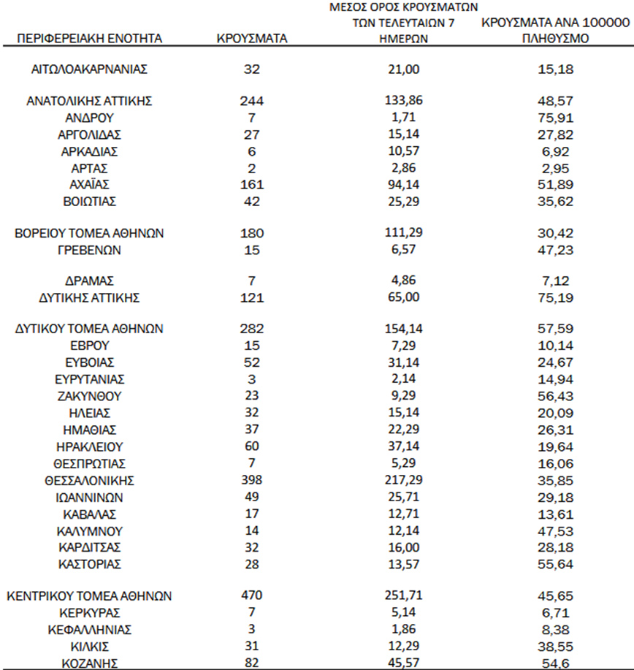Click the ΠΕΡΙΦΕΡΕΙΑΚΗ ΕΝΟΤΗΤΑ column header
tap(89, 38)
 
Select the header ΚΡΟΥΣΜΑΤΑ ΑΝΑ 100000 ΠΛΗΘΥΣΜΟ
tap(556, 31)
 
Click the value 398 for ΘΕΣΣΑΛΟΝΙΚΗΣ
tap(250, 481)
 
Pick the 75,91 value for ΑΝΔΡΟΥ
tap(556, 117)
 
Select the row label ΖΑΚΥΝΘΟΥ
tap(89, 396)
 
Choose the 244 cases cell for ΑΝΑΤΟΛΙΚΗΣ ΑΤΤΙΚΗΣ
tap(250, 100)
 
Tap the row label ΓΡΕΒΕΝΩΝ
tap(89, 251)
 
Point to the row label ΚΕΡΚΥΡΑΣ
tap(89, 612)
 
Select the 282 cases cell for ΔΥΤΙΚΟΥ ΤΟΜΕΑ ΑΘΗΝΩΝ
tap(250, 329)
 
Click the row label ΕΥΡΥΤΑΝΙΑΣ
tap(89, 379)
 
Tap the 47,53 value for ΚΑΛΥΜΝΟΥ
tap(556, 531)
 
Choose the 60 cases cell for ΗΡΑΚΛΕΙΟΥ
tap(250, 447)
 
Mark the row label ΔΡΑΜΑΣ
tap(89, 281)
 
